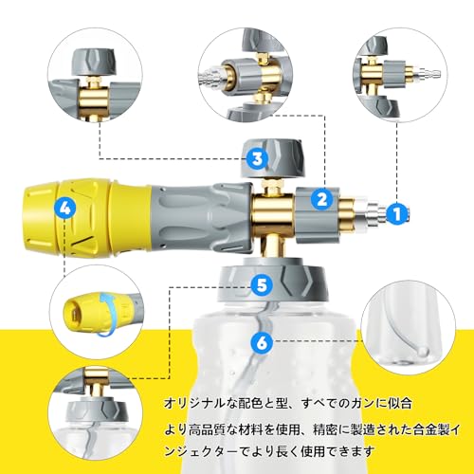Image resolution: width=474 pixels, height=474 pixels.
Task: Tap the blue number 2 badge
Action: (x=322, y=199)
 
